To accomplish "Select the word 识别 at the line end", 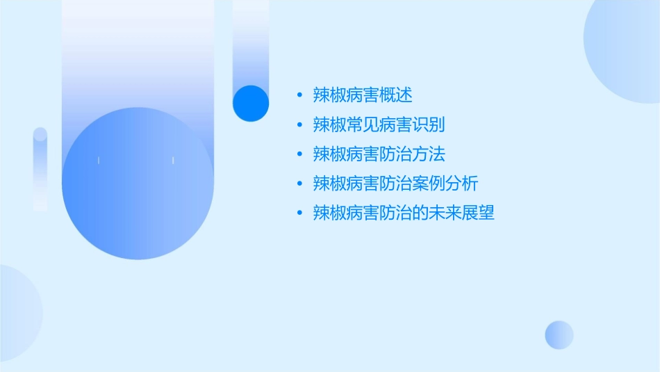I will (429, 125).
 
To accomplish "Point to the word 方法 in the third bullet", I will (429, 154).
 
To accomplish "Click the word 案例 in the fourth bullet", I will (429, 184).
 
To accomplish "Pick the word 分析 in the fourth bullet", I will (462, 184).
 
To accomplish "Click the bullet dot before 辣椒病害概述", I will (299, 95).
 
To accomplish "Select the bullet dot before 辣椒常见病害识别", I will (299, 125).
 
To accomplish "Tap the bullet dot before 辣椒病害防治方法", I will (299, 154).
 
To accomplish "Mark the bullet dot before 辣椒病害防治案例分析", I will (299, 184).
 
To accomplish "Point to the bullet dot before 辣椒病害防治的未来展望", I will (299, 213).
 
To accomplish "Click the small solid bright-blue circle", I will (251, 103).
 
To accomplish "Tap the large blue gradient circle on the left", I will (138, 184).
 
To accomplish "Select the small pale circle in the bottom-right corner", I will (559, 334).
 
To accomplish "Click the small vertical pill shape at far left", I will (40, 169).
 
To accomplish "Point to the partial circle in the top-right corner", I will (625, 49).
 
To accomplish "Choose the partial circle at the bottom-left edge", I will (17, 313).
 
